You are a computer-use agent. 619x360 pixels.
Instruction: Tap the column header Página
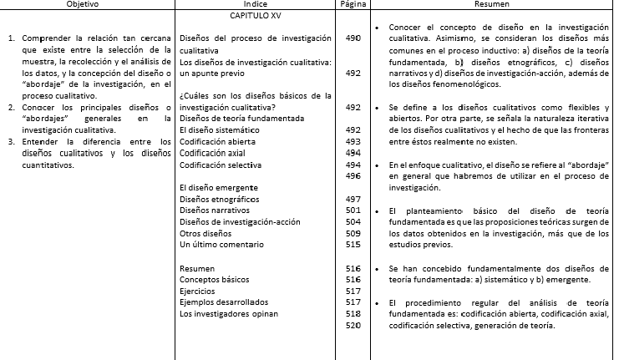352,4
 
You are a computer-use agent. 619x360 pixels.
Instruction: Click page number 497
352,199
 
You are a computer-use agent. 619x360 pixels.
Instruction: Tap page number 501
352,210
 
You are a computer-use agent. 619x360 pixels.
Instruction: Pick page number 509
352,233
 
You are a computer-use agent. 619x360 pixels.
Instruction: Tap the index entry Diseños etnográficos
220,200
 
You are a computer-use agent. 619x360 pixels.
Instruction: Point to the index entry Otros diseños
205,234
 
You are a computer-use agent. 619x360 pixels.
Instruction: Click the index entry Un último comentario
220,245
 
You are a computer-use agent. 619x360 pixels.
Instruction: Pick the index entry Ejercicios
197,291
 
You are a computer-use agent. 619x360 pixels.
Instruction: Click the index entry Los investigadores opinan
228,313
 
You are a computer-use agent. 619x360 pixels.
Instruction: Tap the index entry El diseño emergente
218,188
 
